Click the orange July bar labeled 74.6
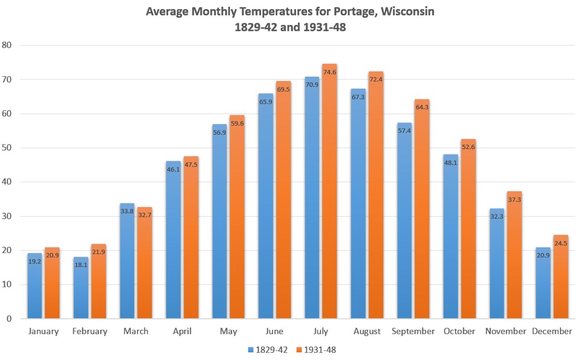329,193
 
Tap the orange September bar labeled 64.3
422,210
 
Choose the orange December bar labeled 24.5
560,279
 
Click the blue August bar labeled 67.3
358,205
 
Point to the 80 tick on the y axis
7,45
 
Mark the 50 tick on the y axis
7,148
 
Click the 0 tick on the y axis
10,319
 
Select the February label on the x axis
89,332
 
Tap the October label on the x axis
459,332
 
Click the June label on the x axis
275,332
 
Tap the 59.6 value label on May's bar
236,123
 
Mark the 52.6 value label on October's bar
468,147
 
